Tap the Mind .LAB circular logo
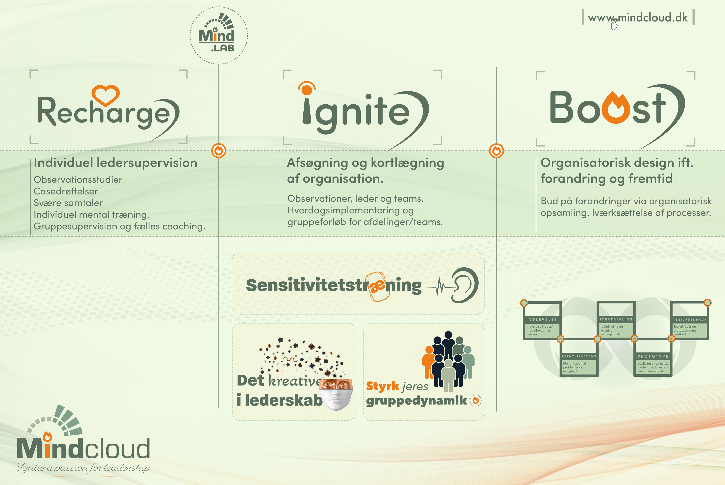tap(218, 35)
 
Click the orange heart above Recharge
tap(106, 94)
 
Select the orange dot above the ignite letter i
tap(307, 90)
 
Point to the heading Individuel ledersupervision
tap(115, 163)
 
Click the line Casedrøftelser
tap(66, 191)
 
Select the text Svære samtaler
tap(68, 203)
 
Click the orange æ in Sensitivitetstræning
tap(377, 286)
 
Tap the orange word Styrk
tap(383, 386)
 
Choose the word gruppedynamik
tap(416, 401)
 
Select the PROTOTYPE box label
tap(653, 356)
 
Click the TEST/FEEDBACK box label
tap(690, 319)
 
